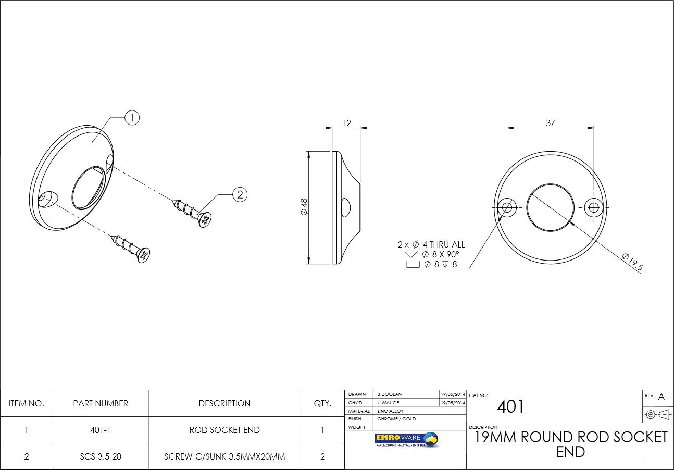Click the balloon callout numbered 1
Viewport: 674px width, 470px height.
point(132,118)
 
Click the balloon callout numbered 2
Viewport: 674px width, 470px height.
point(240,195)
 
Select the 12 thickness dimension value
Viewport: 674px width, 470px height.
point(346,123)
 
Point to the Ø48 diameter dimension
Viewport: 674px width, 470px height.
point(304,208)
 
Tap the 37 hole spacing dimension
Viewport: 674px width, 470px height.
point(550,123)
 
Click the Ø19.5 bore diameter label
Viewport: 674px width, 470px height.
point(633,262)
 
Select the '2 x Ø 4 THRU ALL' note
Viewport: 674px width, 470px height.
point(431,244)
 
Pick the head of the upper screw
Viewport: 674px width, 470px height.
point(206,220)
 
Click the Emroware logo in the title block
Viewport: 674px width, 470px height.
point(406,439)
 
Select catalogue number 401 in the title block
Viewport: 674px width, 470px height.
point(510,406)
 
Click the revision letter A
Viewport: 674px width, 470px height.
point(661,397)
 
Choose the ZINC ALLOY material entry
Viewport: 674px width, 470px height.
point(391,411)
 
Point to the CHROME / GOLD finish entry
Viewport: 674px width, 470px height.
point(396,419)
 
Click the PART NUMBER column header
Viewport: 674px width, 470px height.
point(101,403)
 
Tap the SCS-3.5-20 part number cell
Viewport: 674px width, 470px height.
point(101,456)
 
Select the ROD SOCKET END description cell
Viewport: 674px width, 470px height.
point(224,430)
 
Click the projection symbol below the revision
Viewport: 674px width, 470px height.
point(657,415)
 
